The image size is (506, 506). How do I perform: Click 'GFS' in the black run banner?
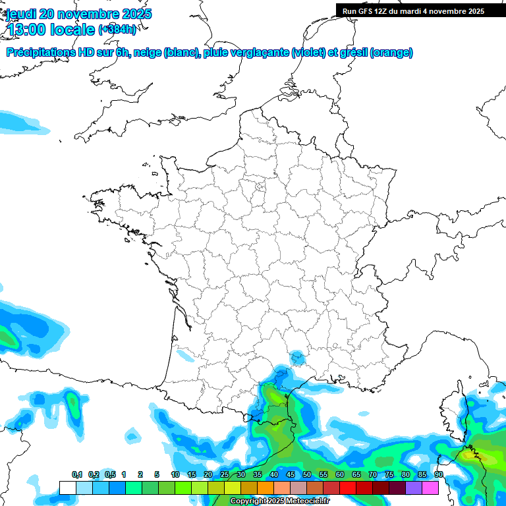pos(367,11)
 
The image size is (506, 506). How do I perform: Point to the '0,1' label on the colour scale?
pos(77,475)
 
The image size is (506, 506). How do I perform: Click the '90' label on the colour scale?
pos(438,475)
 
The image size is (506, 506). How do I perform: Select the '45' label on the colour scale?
pos(291,475)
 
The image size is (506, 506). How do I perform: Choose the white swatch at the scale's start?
pos(67,488)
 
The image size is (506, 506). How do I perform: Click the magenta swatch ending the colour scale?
pos(430,488)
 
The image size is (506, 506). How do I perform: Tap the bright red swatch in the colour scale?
pos(348,488)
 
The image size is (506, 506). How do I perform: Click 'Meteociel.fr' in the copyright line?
pos(306,501)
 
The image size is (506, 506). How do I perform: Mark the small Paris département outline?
pos(260,187)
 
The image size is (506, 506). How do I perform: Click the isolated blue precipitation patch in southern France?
pos(297,357)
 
